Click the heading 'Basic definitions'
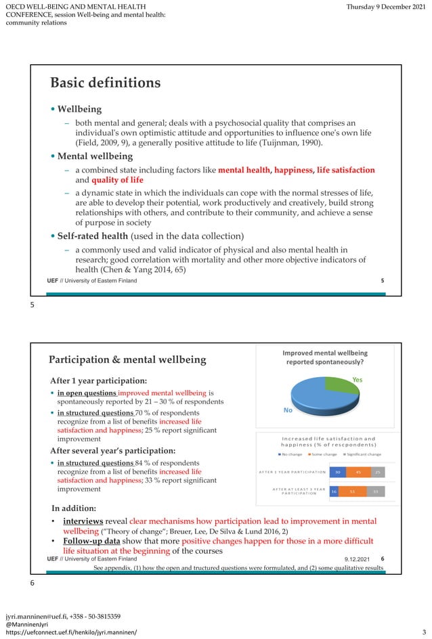(x=105, y=83)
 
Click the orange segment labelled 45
(x=358, y=472)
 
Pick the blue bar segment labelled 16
(x=334, y=492)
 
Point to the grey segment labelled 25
(x=377, y=472)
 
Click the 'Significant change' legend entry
(x=364, y=454)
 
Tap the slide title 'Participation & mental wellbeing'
(x=127, y=359)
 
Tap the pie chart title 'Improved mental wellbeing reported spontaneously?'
(x=324, y=358)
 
